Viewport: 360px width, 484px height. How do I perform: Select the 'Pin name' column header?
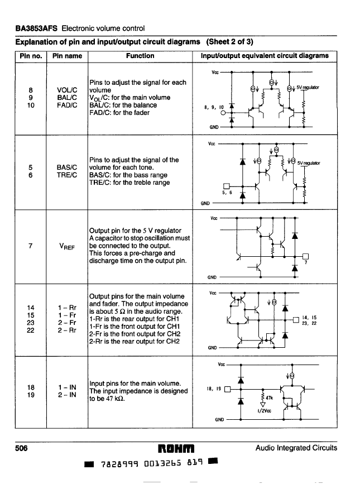click(x=67, y=56)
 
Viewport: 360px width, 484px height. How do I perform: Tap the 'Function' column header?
click(x=140, y=56)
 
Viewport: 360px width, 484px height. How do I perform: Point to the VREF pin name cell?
click(x=67, y=245)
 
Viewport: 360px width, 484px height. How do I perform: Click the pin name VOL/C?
click(x=67, y=90)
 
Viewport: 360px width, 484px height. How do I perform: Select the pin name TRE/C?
click(x=67, y=175)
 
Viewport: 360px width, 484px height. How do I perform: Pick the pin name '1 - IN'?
click(x=67, y=386)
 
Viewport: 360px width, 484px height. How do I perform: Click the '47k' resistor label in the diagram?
click(x=270, y=398)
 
